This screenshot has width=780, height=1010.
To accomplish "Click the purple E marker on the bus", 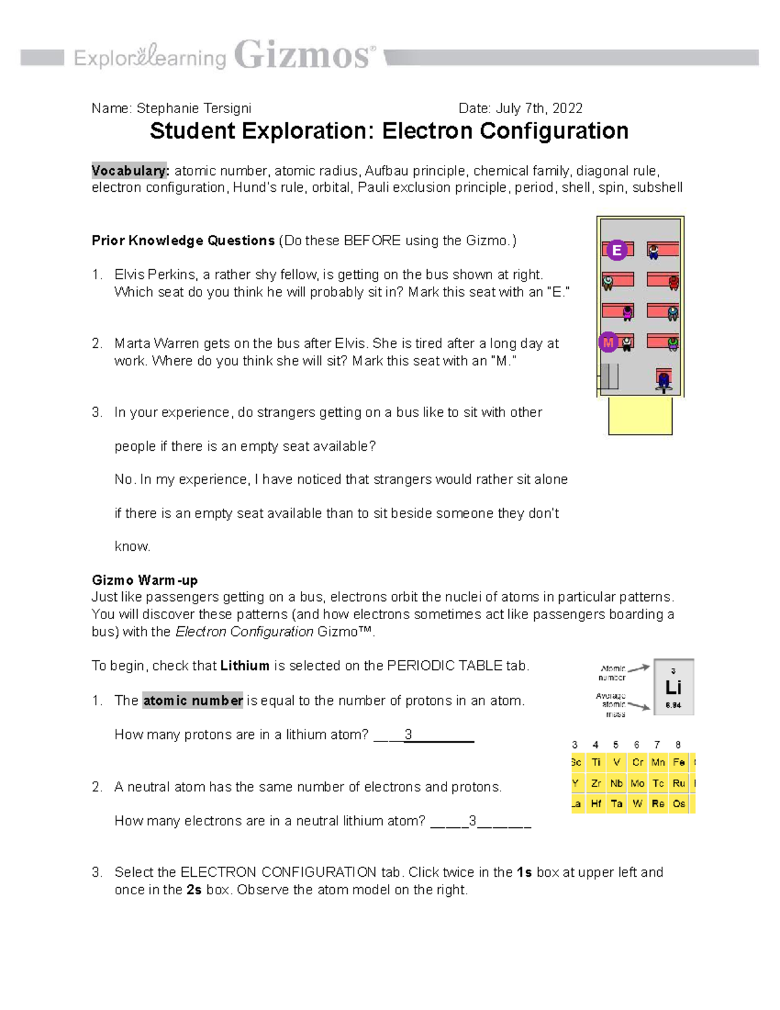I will [x=616, y=250].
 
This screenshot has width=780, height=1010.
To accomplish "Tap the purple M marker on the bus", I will [x=608, y=342].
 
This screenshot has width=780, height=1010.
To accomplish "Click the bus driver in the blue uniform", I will [x=663, y=381].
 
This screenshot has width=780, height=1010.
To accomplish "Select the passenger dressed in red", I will [x=673, y=282].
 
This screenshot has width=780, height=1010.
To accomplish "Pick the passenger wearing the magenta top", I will [x=627, y=313].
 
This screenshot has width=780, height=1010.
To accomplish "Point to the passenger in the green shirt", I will [x=673, y=343].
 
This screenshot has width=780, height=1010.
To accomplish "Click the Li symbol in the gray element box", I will [x=673, y=687].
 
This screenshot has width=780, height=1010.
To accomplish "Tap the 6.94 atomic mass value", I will [x=673, y=705].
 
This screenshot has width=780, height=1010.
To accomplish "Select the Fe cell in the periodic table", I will [x=679, y=762].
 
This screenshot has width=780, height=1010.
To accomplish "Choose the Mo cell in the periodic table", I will [x=637, y=784].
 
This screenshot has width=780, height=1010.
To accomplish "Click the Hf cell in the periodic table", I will [x=595, y=804].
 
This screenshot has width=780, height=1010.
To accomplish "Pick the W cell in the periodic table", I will [x=637, y=804].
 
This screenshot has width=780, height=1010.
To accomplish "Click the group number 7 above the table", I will [x=657, y=745].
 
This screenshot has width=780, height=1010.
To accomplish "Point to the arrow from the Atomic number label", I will [x=638, y=668].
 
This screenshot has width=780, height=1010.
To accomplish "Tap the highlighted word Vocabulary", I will [x=130, y=171].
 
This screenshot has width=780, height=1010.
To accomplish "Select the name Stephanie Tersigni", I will [x=194, y=109].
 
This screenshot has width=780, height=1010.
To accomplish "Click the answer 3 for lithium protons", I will [x=408, y=735].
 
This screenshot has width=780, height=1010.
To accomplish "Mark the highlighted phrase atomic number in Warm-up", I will [x=192, y=700].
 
